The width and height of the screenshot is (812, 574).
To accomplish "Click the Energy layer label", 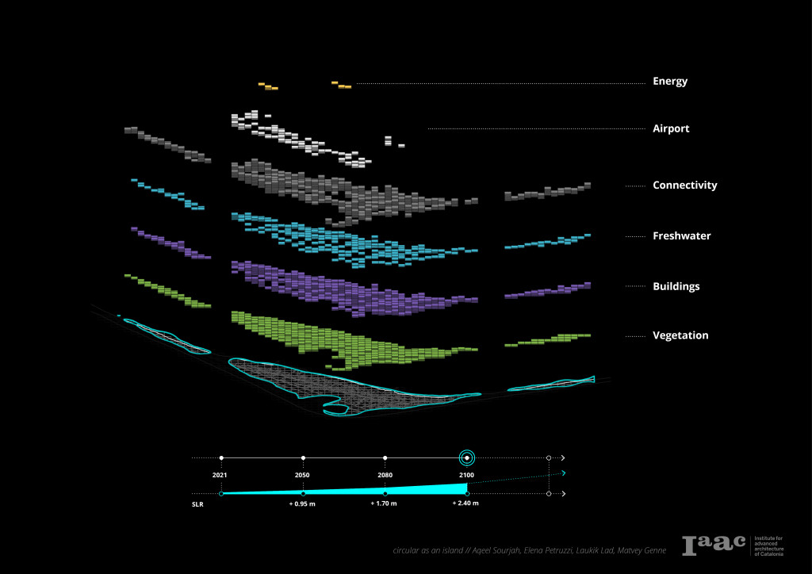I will coord(670,81).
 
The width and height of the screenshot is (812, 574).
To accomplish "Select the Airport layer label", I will coord(671,128).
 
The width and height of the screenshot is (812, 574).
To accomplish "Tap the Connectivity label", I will coord(684,186).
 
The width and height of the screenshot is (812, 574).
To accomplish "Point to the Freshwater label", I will coord(681,235).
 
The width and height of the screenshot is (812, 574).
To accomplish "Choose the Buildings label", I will coord(676,286).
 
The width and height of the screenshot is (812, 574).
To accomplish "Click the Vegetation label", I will coord(680,335).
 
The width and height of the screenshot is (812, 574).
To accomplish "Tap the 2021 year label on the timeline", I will coord(221,474).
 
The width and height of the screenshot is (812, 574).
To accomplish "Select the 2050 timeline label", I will coord(302,474).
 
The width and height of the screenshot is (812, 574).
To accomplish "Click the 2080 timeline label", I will coord(385,474).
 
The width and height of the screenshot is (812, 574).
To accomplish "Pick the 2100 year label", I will coord(466,474).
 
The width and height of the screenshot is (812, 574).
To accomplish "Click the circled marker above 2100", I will coord(467,457).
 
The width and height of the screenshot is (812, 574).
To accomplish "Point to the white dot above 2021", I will coord(221,457).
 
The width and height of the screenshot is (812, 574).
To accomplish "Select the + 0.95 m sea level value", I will coord(303,503).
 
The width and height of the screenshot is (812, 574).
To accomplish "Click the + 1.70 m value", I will coord(385,503).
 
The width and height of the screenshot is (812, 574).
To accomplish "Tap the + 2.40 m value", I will coord(465,503).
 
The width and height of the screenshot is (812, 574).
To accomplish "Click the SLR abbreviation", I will coord(197,503).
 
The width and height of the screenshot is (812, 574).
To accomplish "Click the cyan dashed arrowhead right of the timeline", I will coord(563,473).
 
